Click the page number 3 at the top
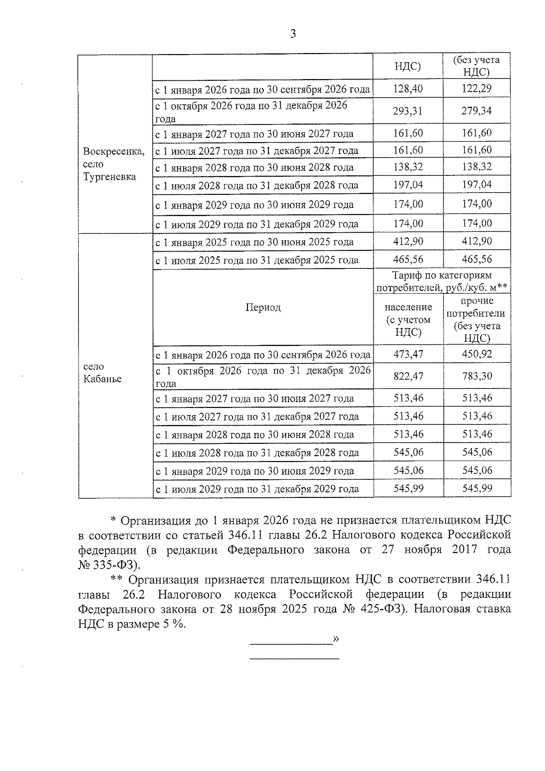[x=293, y=34]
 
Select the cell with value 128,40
[x=408, y=89]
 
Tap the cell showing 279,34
[x=476, y=111]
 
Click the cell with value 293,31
[x=408, y=111]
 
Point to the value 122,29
[x=476, y=89]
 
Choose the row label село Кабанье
[x=102, y=373]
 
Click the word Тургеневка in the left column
[x=109, y=177]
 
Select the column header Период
[x=263, y=308]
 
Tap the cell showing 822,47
[x=408, y=376]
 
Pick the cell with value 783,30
[x=477, y=376]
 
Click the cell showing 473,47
[x=408, y=354]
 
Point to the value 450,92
[x=477, y=354]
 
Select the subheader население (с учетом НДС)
[x=408, y=319]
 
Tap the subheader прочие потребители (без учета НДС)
[x=476, y=319]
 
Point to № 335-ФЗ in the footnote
[x=109, y=565]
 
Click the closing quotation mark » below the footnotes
[x=336, y=639]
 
